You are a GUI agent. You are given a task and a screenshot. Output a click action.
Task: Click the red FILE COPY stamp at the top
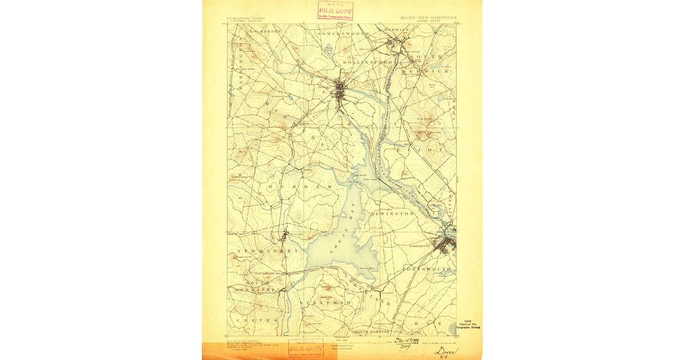[x=336, y=10]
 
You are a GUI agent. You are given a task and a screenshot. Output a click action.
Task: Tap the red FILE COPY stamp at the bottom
[x=306, y=347]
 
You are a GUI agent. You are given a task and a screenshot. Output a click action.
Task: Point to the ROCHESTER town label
[x=245, y=31]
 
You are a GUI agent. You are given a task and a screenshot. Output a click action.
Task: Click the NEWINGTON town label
[x=392, y=213]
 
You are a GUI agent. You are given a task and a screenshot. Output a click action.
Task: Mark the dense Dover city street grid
[x=341, y=91]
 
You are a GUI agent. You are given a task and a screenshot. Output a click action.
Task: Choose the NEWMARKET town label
[x=257, y=251]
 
